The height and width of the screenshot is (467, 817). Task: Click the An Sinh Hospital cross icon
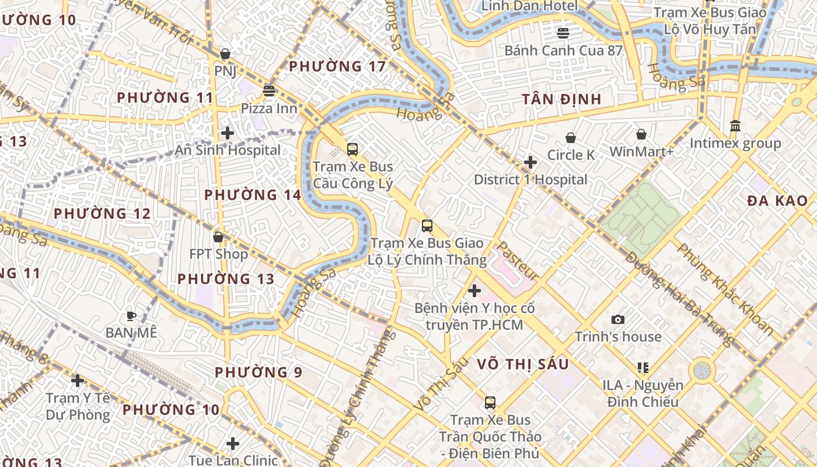pyautogui.click(x=228, y=133)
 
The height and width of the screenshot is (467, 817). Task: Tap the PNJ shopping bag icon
pyautogui.click(x=225, y=54)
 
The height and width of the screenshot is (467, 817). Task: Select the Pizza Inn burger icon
pyautogui.click(x=269, y=90)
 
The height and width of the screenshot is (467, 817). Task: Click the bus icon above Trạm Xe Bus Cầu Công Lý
pyautogui.click(x=352, y=149)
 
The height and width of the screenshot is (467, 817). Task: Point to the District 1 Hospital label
pyautogui.click(x=530, y=180)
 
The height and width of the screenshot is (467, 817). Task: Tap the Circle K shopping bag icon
pyautogui.click(x=571, y=138)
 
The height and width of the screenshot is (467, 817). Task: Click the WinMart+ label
pyautogui.click(x=641, y=152)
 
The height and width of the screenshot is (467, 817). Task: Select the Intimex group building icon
pyautogui.click(x=735, y=126)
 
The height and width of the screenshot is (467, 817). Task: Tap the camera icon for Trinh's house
pyautogui.click(x=618, y=319)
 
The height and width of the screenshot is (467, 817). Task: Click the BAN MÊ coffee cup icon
pyautogui.click(x=131, y=316)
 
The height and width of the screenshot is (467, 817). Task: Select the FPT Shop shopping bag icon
pyautogui.click(x=218, y=237)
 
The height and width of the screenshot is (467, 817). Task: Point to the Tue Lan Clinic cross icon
pyautogui.click(x=233, y=444)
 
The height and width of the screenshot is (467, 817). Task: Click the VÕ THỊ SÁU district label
pyautogui.click(x=522, y=364)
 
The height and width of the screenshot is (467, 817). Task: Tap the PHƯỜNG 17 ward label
pyautogui.click(x=337, y=67)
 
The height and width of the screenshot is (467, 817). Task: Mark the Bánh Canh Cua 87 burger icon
pyautogui.click(x=563, y=33)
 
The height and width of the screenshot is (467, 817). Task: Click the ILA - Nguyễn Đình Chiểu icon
pyautogui.click(x=643, y=368)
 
